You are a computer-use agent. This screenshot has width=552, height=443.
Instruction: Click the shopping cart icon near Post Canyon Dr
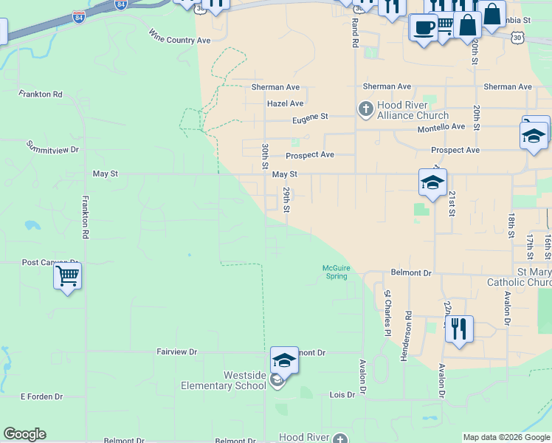(x=67, y=277)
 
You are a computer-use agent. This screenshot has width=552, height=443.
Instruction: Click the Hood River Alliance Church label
(x=413, y=111)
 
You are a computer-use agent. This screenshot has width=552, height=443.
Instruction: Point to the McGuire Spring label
(x=336, y=272)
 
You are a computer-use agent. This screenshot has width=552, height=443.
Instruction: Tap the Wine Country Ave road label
(x=179, y=36)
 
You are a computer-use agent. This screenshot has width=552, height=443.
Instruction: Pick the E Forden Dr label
(x=41, y=396)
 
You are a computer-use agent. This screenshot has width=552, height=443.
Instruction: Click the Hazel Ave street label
(x=285, y=104)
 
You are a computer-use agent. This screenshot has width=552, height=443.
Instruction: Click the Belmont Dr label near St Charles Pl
(x=411, y=272)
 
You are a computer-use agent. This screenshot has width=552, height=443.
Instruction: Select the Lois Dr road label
(x=342, y=395)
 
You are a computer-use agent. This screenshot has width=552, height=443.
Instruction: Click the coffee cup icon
(x=424, y=27)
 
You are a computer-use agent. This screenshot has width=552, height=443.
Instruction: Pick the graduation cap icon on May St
(x=432, y=182)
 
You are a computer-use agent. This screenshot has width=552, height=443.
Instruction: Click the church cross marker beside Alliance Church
(x=365, y=110)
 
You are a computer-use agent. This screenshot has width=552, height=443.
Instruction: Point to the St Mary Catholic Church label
(x=520, y=277)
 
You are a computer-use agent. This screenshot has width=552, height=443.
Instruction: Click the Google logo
(x=24, y=434)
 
